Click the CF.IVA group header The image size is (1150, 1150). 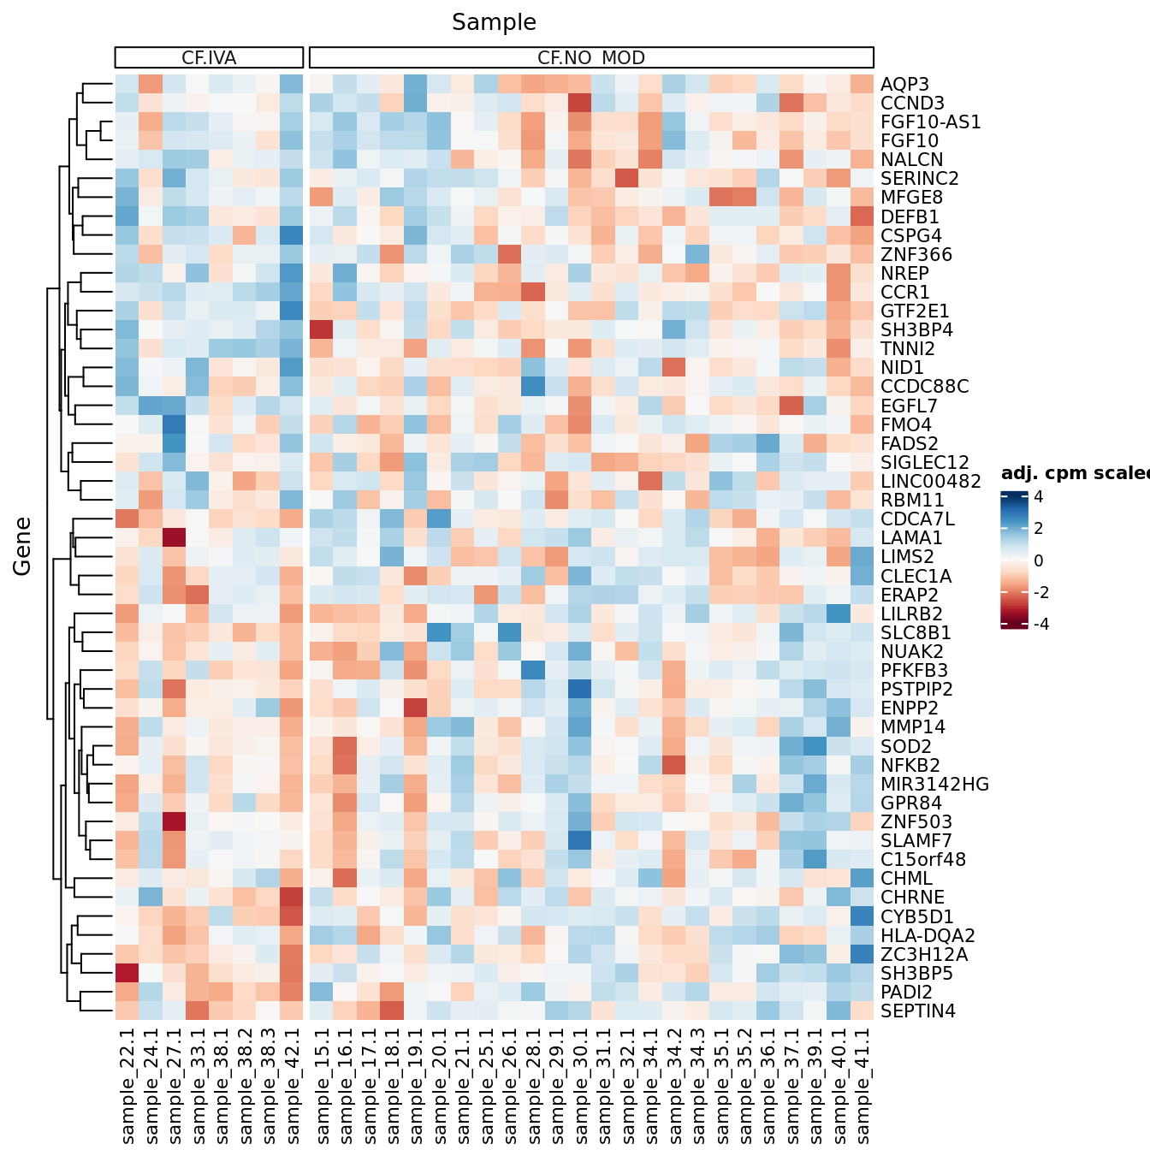coord(209,57)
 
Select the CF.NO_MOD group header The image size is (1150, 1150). coord(591,57)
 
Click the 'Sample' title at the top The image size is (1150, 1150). coord(494,22)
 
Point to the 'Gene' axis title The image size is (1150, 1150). coord(22,546)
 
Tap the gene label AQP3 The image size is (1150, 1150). coord(904,84)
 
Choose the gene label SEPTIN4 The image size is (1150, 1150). coord(918,1011)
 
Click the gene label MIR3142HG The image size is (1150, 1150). coord(934,784)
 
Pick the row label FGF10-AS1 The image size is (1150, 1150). coord(931,122)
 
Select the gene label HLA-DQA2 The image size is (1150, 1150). coord(928,935)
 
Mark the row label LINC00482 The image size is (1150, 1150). coord(930,482)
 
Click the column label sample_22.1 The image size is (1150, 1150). coord(127,1085)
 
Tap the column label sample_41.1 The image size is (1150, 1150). coord(862,1085)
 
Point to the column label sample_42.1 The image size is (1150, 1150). coord(292,1085)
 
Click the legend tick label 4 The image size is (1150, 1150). coord(1038,497)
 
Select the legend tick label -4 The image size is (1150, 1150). coord(1040,624)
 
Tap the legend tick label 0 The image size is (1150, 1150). coord(1038,560)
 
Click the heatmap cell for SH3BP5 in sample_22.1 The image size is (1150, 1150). coord(127,973)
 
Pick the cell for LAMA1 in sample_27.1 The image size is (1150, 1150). coord(175,537)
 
